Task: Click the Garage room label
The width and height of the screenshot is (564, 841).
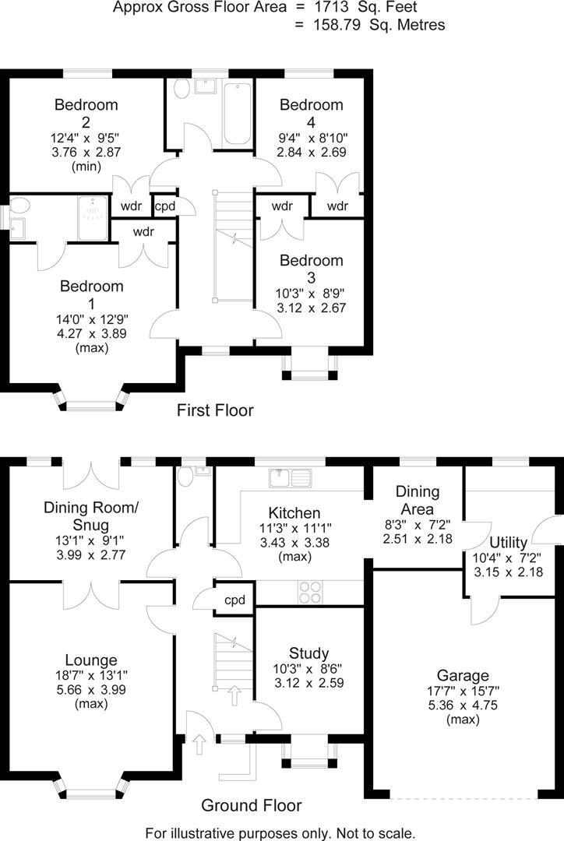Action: [463, 675]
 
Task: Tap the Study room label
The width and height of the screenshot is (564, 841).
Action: [308, 653]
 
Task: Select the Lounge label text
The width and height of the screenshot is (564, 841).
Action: [91, 660]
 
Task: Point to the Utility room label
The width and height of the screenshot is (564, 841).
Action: [509, 542]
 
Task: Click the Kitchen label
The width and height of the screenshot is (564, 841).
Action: [294, 513]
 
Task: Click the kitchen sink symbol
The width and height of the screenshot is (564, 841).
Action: [289, 476]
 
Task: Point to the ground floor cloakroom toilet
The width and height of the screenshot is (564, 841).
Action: [185, 475]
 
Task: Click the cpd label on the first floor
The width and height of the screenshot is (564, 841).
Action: [165, 206]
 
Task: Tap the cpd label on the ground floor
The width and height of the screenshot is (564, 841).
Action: [234, 600]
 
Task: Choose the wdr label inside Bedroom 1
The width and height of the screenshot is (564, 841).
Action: [143, 231]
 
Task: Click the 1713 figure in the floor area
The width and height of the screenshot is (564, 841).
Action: [322, 8]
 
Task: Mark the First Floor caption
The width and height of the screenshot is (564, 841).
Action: [215, 410]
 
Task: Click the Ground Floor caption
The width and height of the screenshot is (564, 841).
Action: [251, 805]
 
